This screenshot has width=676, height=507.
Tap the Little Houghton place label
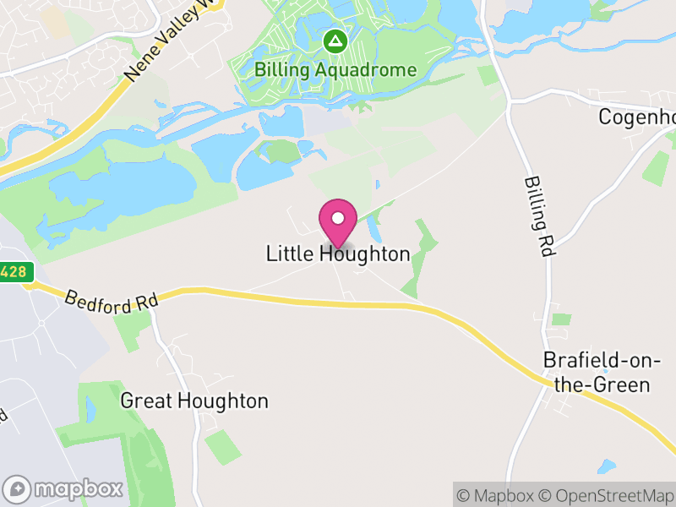338,253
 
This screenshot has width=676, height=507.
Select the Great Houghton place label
194,401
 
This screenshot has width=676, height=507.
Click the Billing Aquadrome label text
335,69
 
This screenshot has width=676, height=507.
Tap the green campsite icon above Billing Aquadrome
336,41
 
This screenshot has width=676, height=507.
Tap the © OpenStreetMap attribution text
607,495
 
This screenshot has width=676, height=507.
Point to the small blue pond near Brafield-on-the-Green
606,466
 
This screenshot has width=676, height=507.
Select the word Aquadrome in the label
368,69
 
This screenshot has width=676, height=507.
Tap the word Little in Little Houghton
290,253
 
